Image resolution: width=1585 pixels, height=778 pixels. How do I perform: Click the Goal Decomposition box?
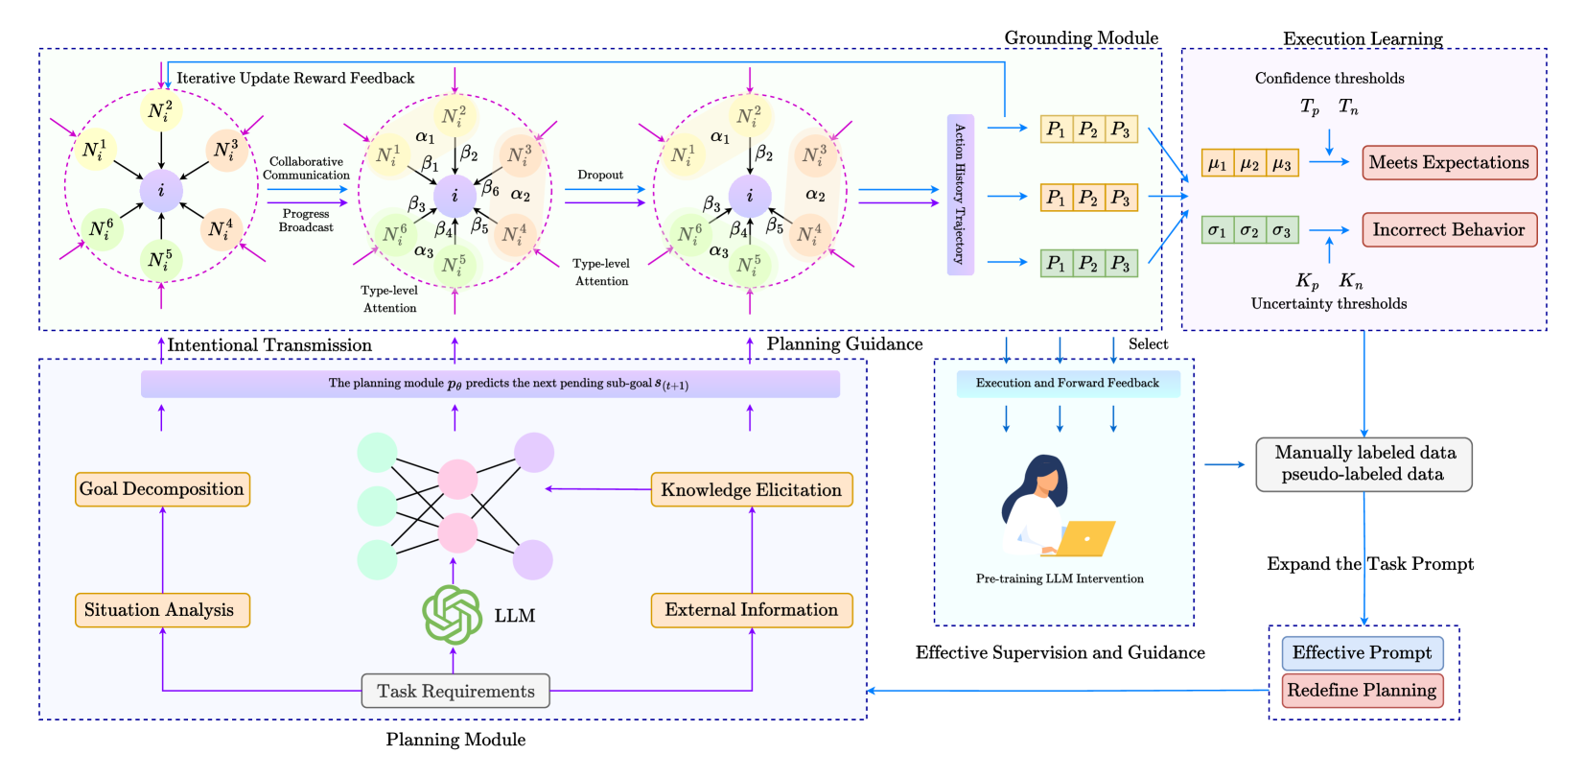click(162, 489)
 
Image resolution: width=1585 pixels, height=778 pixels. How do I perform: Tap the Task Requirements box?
click(455, 691)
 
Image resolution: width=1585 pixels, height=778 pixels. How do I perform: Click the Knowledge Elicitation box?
click(751, 489)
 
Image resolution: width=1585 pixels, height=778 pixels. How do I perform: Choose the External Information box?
click(751, 610)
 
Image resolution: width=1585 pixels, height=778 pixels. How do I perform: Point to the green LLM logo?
click(453, 615)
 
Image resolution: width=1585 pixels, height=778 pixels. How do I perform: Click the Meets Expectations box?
click(1449, 163)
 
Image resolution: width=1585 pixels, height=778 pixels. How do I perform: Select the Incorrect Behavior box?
click(1449, 230)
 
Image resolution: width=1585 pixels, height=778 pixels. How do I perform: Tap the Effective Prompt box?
click(1362, 653)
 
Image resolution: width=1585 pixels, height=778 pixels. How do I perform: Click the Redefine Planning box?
click(1362, 691)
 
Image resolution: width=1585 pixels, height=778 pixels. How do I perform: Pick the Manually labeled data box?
click(1363, 464)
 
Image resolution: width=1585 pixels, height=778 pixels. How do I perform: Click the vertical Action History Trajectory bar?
click(960, 195)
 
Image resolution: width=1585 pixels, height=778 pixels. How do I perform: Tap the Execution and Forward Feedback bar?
click(1067, 384)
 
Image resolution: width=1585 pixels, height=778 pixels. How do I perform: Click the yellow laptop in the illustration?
click(1087, 538)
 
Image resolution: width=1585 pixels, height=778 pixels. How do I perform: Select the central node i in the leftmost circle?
click(161, 191)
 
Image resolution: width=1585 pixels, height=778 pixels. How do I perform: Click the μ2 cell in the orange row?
click(1249, 164)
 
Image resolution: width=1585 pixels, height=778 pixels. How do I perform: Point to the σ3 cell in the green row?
click(1282, 231)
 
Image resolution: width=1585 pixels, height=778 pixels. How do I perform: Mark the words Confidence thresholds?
click(1329, 79)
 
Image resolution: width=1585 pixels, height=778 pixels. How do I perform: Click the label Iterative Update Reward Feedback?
click(295, 79)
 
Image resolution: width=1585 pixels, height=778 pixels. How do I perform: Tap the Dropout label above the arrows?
click(600, 176)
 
